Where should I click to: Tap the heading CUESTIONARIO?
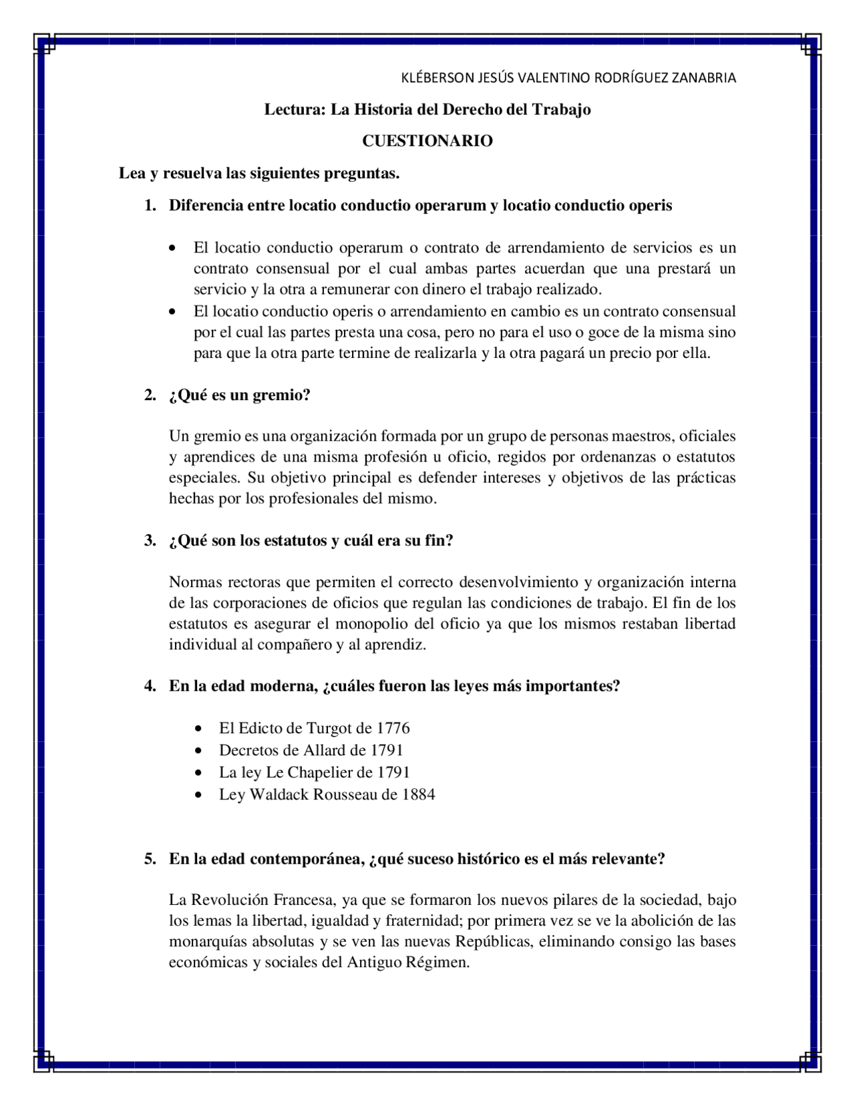click(427, 141)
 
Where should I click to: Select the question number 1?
click(150, 205)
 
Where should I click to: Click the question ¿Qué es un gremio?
click(240, 395)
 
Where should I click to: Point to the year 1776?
click(393, 728)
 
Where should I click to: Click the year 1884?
click(418, 794)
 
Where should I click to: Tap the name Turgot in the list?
click(329, 728)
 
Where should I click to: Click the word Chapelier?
click(321, 772)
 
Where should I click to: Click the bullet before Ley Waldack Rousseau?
click(198, 795)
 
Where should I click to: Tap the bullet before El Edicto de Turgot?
click(198, 729)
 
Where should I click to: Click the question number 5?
click(150, 859)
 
